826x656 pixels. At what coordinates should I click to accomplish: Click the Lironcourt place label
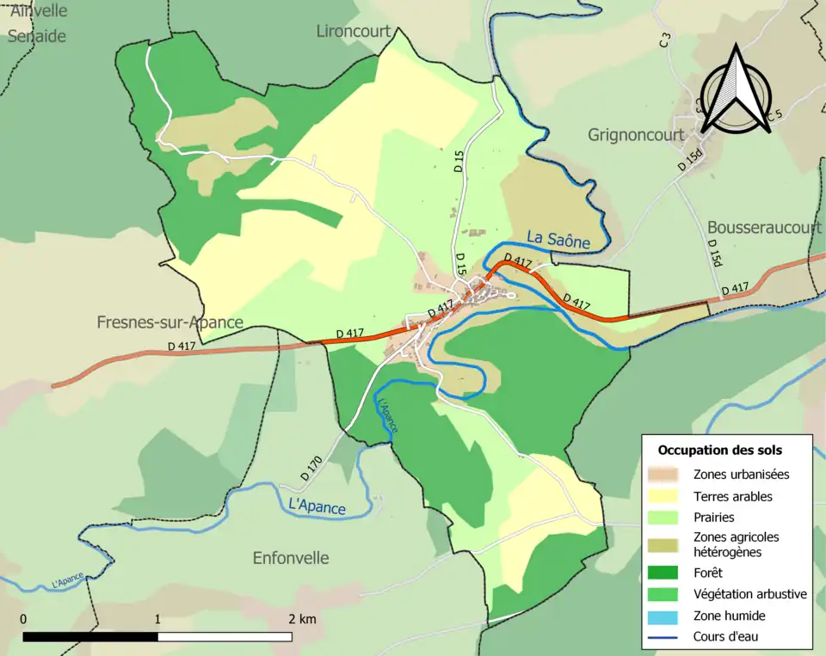(x=354, y=32)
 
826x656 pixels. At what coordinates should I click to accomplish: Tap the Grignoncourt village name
(x=636, y=135)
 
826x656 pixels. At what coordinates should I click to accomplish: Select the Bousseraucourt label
(x=764, y=228)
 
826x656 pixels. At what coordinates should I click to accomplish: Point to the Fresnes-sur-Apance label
(x=170, y=322)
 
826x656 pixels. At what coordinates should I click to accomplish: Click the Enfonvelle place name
(x=291, y=558)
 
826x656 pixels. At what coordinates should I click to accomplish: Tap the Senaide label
(x=37, y=36)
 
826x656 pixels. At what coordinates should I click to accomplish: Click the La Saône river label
(x=558, y=240)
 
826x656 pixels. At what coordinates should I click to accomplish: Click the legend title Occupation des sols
(x=720, y=450)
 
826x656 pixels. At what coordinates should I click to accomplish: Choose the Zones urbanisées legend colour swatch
(x=664, y=474)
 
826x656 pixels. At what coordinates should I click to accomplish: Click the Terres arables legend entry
(x=732, y=496)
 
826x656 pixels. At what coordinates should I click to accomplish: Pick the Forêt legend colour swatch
(x=664, y=572)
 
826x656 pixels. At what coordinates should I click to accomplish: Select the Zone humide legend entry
(x=729, y=616)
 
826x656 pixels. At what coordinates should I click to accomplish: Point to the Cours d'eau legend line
(x=664, y=637)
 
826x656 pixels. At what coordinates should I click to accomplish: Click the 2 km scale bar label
(x=301, y=619)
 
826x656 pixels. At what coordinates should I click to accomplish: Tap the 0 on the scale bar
(x=23, y=619)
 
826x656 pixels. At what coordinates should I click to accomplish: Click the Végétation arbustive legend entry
(x=749, y=594)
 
